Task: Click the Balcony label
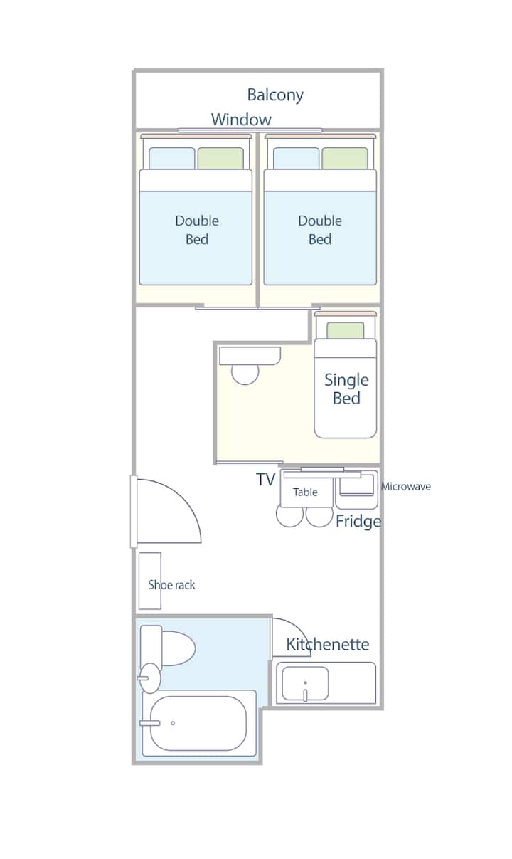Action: coord(275,95)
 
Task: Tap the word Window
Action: coord(241,120)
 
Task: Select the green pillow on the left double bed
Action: coord(220,159)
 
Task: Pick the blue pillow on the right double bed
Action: coord(296,159)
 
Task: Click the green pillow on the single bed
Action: coord(346,330)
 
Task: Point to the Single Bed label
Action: coord(346,389)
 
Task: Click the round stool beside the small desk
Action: coord(245,374)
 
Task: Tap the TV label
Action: coord(265,480)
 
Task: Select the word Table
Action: coord(305,492)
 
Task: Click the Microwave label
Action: coord(406,486)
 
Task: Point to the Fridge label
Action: coord(358,522)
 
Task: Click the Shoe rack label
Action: coord(171,585)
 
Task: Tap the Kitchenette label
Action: coord(328,644)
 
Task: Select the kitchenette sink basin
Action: coord(305,683)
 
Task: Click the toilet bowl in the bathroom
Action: coord(178,648)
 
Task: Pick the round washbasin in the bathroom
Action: coord(150,678)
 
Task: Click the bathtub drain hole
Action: coord(173,723)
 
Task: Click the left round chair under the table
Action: coord(289,516)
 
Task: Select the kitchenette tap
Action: coord(305,694)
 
